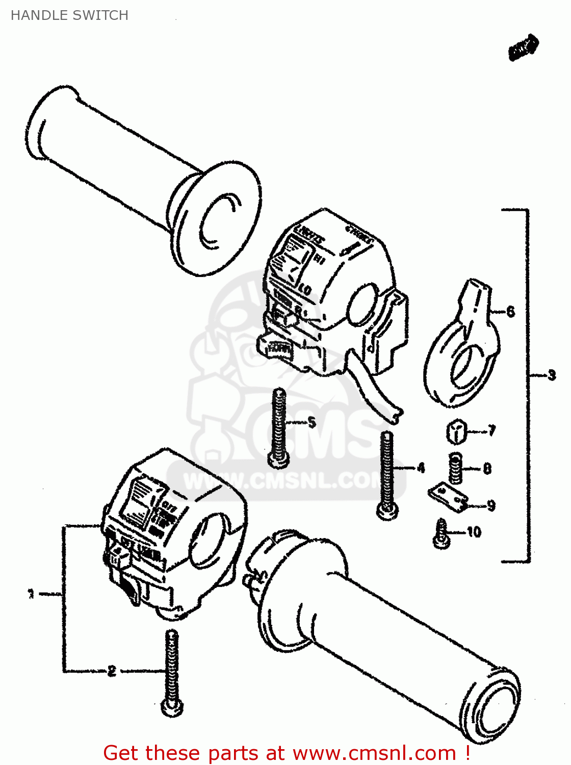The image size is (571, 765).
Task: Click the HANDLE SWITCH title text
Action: click(69, 15)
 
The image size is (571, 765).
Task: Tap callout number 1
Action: click(31, 594)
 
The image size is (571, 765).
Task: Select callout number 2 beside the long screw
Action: click(112, 671)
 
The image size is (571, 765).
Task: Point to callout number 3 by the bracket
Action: click(552, 376)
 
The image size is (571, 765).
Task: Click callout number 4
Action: click(421, 468)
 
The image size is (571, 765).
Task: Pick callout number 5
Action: click(312, 422)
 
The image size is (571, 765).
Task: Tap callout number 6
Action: click(510, 311)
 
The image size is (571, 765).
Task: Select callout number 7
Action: click(491, 431)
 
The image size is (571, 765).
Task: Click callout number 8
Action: click(487, 468)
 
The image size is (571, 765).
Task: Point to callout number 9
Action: click(490, 505)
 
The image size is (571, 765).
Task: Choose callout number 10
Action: click(474, 532)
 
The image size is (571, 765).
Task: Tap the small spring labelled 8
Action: click(455, 469)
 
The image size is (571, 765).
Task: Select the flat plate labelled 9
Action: click(447, 497)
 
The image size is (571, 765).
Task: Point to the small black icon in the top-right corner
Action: click(523, 48)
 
